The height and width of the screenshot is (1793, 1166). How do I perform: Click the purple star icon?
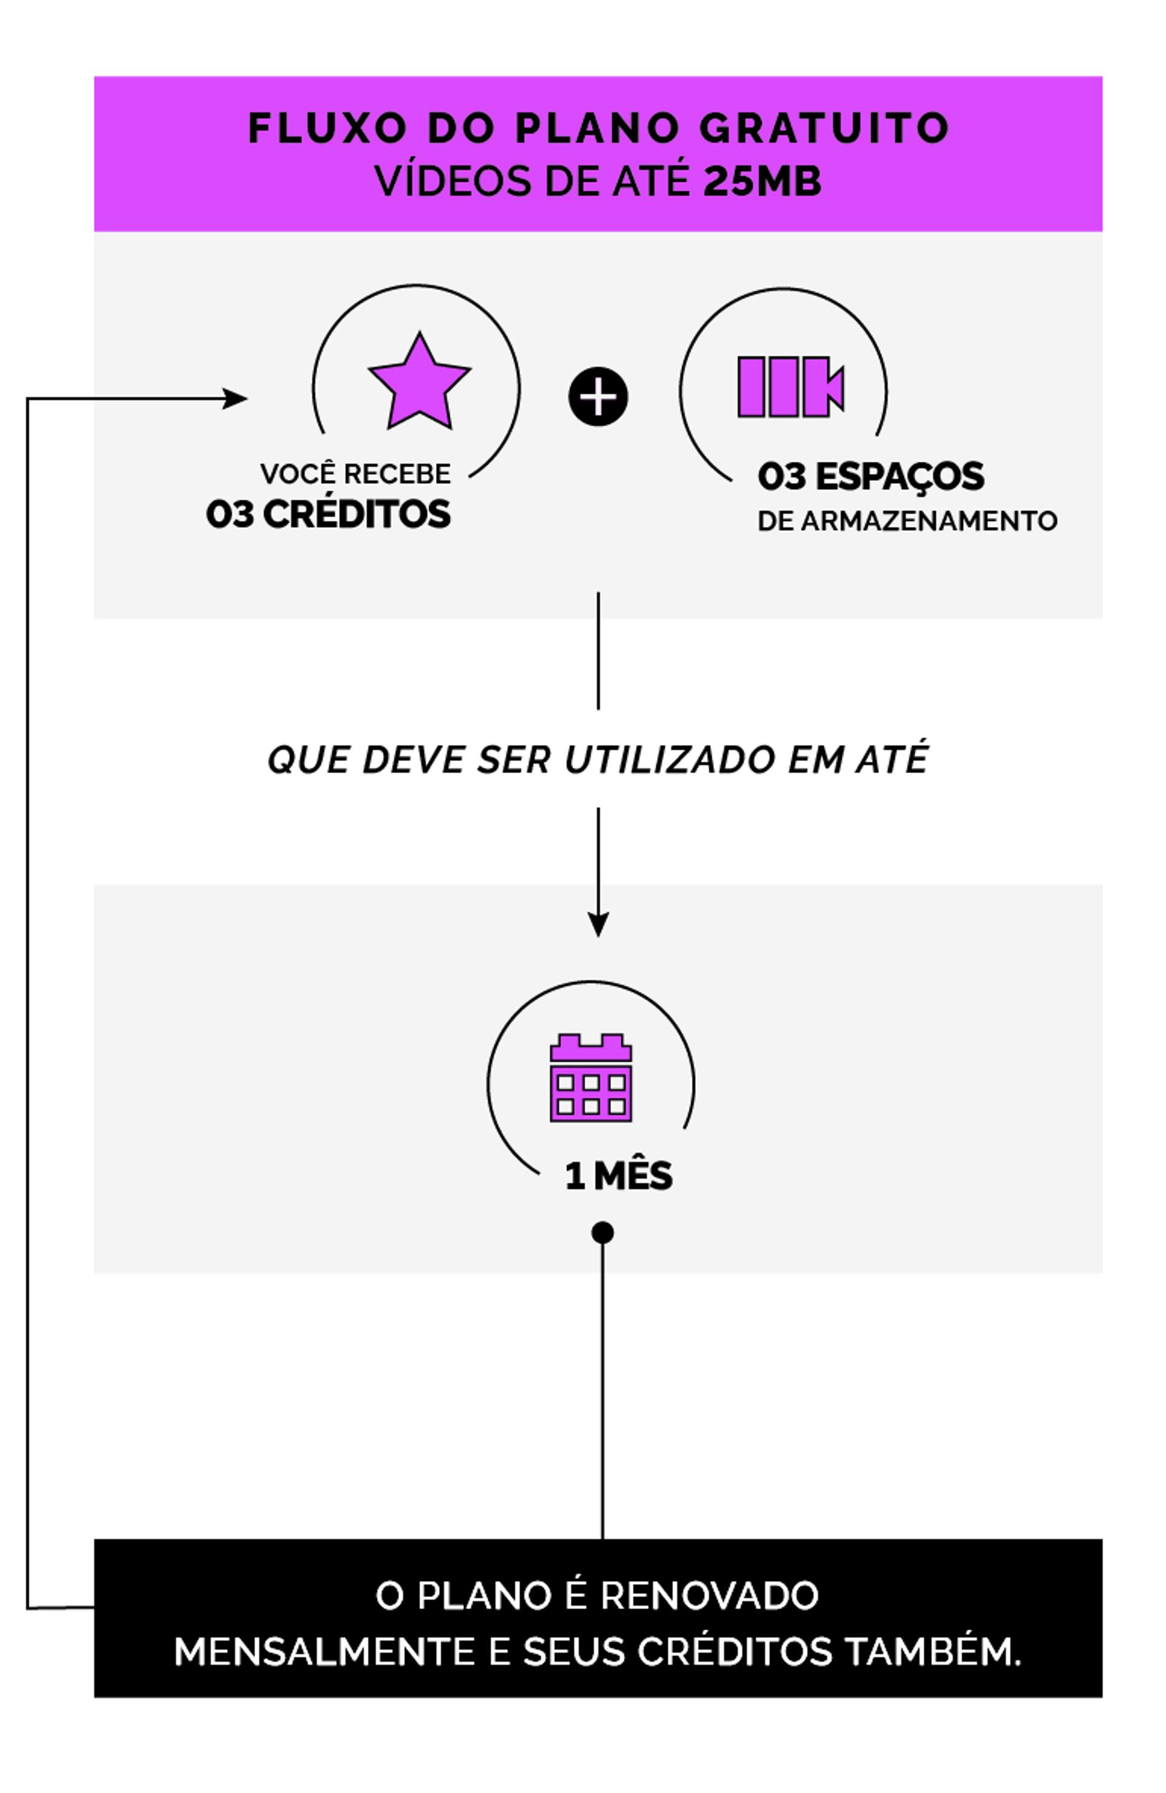419,384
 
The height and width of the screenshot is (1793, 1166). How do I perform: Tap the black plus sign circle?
598,397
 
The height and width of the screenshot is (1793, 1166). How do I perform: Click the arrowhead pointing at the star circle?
236,398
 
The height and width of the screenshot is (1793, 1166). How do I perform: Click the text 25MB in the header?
762,182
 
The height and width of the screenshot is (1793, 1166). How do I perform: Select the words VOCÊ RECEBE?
355,474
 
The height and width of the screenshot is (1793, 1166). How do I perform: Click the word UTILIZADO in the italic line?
669,759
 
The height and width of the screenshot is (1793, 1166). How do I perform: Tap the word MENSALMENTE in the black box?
324,1652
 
